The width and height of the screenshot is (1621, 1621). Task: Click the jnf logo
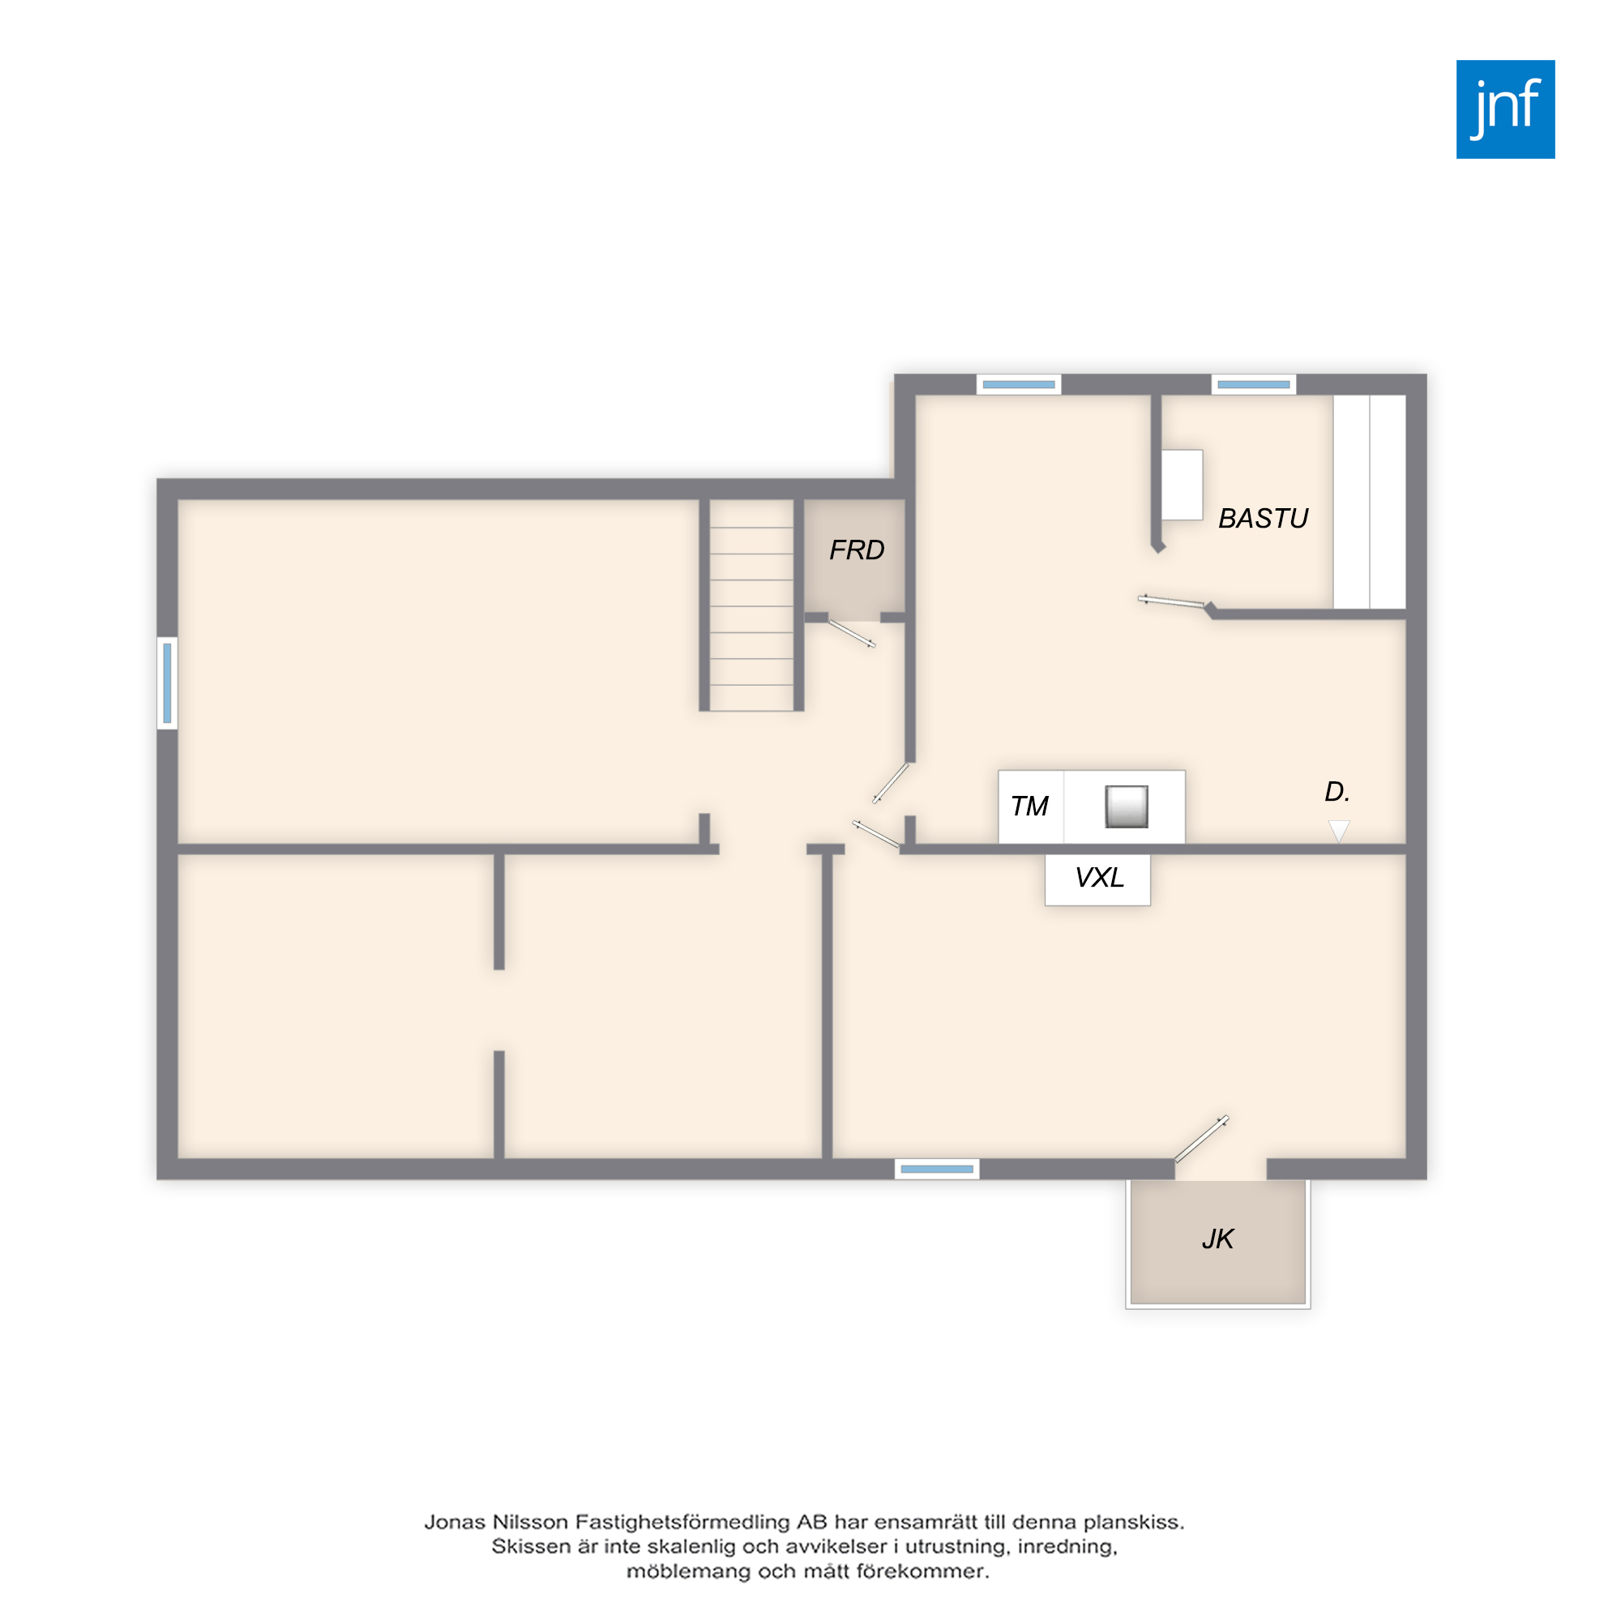(1505, 109)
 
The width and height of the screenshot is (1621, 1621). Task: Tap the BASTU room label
(1263, 519)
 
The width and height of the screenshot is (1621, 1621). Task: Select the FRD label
(857, 550)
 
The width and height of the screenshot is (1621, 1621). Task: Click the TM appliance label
(1029, 806)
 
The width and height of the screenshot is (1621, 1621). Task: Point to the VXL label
(1099, 878)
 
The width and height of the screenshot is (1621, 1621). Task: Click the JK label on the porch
(1217, 1239)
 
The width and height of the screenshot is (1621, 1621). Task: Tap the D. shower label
(1337, 791)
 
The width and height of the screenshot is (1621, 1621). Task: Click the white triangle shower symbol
(1339, 831)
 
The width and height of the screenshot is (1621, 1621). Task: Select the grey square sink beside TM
(1126, 807)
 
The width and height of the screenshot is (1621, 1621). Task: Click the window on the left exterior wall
(167, 683)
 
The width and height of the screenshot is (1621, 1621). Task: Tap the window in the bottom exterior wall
(936, 1169)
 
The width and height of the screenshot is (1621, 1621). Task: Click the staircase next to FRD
(751, 605)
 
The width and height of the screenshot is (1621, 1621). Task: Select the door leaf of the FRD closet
(853, 634)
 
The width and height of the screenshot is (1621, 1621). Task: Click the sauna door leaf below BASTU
(1171, 601)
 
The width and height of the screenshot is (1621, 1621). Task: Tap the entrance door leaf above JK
(1201, 1138)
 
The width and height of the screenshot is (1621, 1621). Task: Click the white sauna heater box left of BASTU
(1183, 485)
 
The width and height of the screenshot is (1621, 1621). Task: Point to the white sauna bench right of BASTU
(1369, 502)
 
